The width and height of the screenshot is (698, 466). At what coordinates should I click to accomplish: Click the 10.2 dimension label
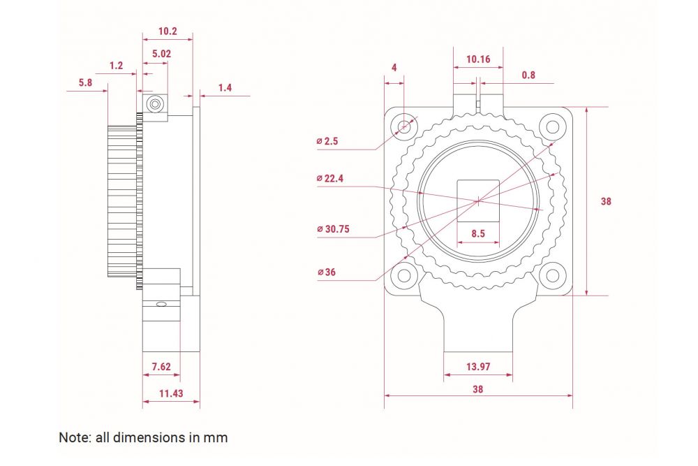point(168,31)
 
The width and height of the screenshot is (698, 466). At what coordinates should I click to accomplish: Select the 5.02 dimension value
point(161,54)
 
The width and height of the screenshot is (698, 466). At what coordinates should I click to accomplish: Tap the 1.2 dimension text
point(116,66)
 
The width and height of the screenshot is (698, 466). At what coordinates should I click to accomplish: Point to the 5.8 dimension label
point(85,82)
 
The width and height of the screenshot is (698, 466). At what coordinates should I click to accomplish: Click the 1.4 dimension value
point(225,88)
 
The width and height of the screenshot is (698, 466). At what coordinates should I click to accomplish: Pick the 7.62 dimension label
point(161,367)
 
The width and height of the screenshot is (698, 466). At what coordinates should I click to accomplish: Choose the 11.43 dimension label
point(171,393)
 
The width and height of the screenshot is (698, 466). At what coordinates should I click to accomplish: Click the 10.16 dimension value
point(478,59)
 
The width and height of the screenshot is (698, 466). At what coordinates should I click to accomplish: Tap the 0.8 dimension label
point(528,75)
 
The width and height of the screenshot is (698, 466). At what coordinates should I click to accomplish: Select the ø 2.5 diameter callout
point(327,141)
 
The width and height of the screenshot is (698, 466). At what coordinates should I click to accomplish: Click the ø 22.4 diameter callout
point(330,179)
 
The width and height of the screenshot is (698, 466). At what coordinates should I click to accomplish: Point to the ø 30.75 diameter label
point(333,229)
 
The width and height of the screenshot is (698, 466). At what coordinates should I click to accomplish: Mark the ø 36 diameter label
point(327,272)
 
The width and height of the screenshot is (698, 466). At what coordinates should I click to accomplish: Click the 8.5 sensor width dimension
point(478,233)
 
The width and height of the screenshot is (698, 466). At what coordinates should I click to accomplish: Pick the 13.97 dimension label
point(478,367)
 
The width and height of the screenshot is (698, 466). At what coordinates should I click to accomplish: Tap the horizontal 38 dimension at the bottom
point(477,389)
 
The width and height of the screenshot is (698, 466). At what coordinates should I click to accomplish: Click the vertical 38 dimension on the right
point(606,201)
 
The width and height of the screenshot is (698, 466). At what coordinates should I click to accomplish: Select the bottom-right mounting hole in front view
point(552,275)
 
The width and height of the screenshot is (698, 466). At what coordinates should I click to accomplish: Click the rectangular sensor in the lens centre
point(479,201)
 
